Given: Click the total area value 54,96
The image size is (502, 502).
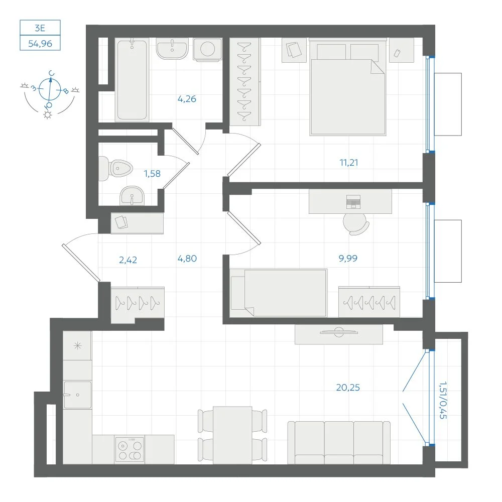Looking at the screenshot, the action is coord(40,44).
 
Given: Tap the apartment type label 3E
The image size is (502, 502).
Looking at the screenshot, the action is coord(40,28).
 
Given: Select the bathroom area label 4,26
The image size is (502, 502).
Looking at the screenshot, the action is coord(187,99).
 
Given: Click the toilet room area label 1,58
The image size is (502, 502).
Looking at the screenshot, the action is coord(152,174).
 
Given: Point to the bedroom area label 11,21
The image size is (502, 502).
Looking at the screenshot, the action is coord(349,163).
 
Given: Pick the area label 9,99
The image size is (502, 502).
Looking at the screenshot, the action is coord(348,258).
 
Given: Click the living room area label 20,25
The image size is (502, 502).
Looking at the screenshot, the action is coord(348,388).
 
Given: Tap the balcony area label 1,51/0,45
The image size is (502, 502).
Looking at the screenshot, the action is coord(443,400).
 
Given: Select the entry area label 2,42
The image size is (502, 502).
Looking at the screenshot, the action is coord(128,260).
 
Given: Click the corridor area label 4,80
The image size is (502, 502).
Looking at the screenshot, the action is coord(187,259).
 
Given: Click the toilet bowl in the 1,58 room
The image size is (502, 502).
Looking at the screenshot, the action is coord(115,168).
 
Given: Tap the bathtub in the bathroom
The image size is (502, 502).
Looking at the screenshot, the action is coord(132,79).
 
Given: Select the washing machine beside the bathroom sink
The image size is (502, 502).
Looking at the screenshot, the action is coord(207,49).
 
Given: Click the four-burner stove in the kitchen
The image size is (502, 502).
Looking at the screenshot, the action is coord(130,449).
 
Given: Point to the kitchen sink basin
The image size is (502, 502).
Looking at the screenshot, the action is coord(77,395).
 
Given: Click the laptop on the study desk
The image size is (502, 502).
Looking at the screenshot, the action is coord(353,201).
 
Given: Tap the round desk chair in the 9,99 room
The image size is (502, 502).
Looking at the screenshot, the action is coord(356,224).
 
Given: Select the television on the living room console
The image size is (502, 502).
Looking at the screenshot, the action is coord(339,332).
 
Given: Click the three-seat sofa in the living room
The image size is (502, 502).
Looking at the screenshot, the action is coord(339,442).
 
